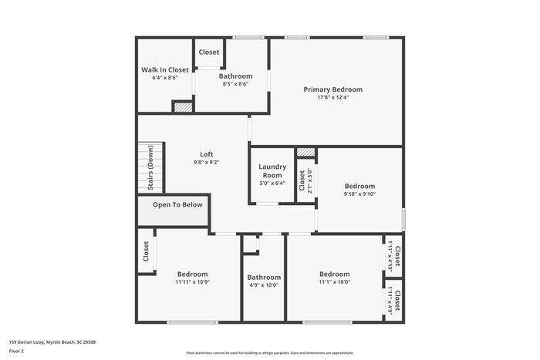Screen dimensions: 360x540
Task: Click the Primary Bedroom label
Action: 332,89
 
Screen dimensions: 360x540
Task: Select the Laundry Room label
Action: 272,170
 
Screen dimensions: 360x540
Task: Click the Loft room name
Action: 206,154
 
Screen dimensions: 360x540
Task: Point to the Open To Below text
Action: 177,205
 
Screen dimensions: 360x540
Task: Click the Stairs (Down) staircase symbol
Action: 150,167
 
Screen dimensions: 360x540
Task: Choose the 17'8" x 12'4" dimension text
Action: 332,98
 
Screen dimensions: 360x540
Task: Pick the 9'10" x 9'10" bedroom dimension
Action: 359,194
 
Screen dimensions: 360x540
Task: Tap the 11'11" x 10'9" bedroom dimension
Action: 192,282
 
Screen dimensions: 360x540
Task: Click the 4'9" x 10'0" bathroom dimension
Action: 264,285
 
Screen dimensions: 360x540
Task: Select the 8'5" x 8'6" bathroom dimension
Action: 235,84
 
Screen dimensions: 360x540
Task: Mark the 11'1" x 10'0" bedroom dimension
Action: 334,282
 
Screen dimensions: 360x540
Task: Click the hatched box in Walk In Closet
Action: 182,109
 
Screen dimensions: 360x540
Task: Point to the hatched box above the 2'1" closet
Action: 306,153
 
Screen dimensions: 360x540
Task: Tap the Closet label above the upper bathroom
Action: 209,52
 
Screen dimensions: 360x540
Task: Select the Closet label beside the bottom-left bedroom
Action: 146,251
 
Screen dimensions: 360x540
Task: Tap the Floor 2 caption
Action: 16,352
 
